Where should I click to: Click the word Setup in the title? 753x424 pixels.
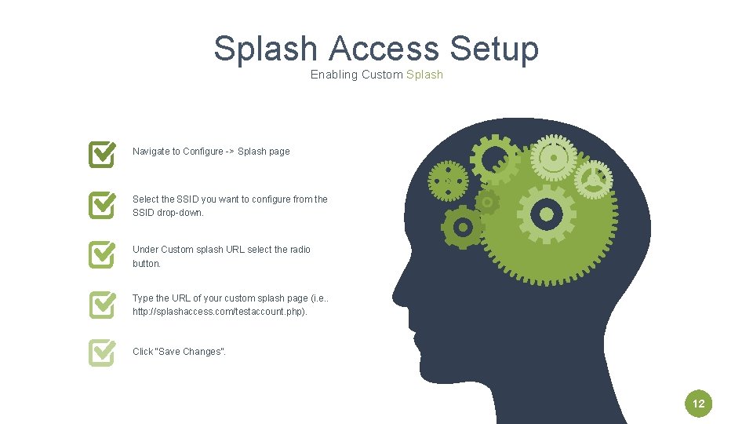494,49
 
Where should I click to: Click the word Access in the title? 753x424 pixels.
384,49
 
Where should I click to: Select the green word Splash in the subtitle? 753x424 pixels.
424,75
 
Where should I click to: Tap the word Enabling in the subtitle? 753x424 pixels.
333,75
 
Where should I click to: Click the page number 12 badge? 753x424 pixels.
699,404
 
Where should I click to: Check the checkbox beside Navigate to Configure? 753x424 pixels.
103,154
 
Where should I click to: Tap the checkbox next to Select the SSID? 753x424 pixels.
103,204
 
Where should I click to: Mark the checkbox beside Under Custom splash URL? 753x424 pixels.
103,254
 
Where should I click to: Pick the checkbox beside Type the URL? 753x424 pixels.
103,304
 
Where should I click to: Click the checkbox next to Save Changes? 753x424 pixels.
103,353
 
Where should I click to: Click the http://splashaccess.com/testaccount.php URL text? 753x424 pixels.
220,312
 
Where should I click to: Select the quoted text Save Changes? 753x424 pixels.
191,352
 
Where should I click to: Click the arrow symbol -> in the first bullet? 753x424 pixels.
230,152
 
